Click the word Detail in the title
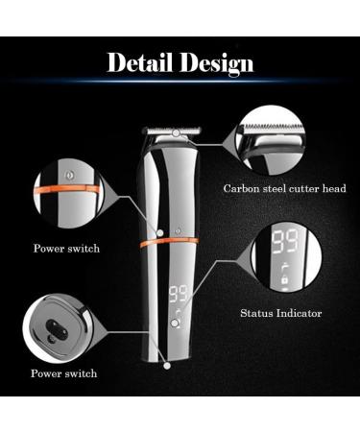140,64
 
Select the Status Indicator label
280,313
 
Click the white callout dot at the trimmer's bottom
167,364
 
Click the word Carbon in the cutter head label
242,188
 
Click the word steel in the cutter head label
276,188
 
